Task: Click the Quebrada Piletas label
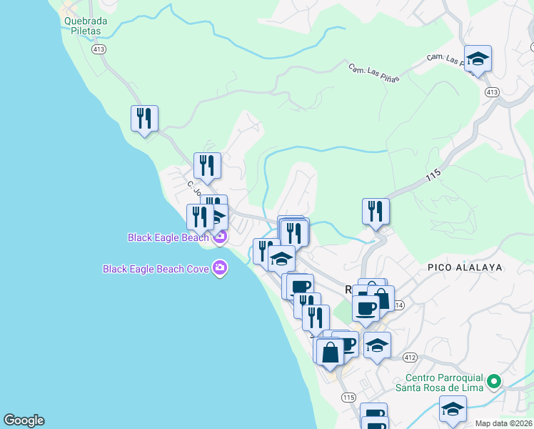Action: click(x=86, y=26)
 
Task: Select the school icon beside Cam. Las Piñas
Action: click(x=478, y=59)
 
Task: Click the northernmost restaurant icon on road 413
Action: click(x=144, y=118)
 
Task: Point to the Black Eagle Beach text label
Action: click(x=168, y=237)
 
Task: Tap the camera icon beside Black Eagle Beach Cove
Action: click(x=220, y=269)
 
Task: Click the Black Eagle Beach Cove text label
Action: click(x=156, y=269)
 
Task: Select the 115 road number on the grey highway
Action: click(x=433, y=174)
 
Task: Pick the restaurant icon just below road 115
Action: click(x=376, y=211)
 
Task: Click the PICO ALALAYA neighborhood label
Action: click(x=465, y=267)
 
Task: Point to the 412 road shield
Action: click(x=409, y=357)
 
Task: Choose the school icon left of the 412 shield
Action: click(x=377, y=345)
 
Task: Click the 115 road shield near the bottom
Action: click(x=348, y=398)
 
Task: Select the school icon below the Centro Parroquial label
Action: click(x=452, y=410)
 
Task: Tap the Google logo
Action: click(x=24, y=420)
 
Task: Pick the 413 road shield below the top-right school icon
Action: click(x=491, y=92)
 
